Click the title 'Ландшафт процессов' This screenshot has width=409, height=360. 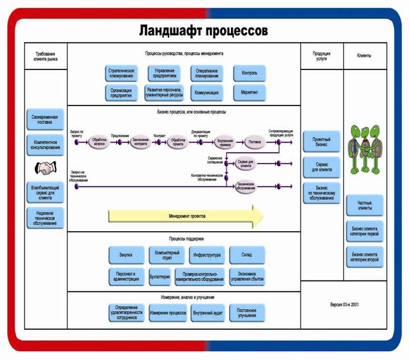203,30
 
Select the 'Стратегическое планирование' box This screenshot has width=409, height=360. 122,73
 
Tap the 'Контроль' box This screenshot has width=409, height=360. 249,73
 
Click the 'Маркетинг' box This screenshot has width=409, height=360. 249,93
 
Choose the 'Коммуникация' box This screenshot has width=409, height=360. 207,93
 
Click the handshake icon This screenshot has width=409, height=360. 45,168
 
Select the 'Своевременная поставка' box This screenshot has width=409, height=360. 45,119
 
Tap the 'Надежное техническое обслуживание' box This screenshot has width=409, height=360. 45,218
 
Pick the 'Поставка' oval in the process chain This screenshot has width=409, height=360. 254,143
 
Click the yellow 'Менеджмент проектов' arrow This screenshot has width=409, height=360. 186,216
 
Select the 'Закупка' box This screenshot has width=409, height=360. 126,255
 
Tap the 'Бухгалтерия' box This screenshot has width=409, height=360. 160,276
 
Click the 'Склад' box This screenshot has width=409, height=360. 246,255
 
